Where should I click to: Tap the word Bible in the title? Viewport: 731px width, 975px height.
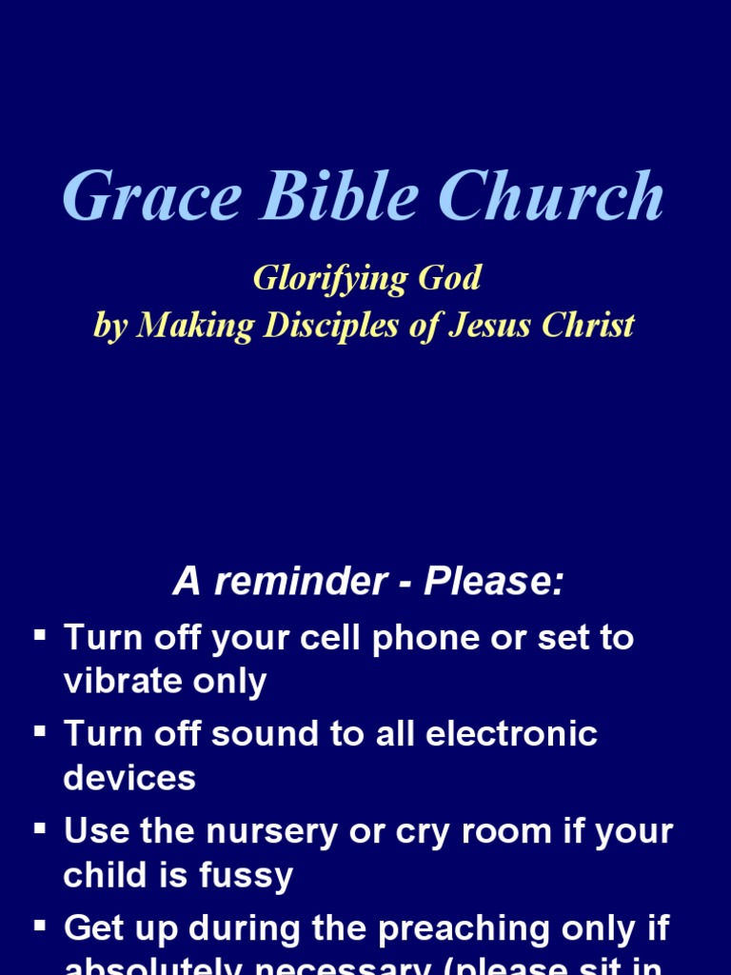[339, 198]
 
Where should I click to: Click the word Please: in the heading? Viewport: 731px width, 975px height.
[493, 582]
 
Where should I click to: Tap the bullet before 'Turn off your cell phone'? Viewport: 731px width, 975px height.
[40, 633]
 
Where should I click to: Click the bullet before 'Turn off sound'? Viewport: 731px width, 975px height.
[40, 730]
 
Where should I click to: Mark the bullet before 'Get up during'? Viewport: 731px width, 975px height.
[40, 925]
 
